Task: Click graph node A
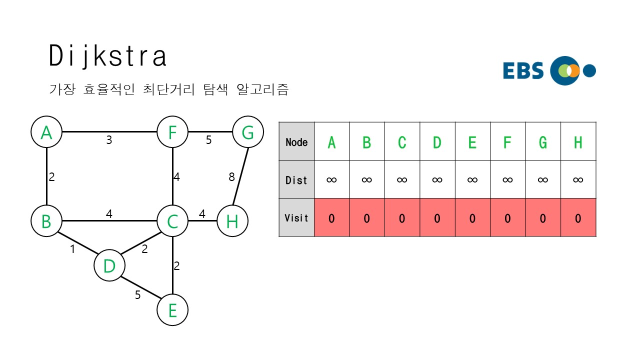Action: point(46,132)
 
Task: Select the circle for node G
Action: point(248,132)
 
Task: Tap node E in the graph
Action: point(172,310)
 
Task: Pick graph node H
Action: point(232,221)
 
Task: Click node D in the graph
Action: point(109,266)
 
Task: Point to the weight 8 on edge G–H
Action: point(231,176)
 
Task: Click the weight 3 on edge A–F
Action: point(109,140)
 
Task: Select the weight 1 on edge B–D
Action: point(72,249)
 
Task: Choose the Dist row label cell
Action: point(296,179)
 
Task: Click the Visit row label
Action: point(296,217)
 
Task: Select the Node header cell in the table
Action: point(296,141)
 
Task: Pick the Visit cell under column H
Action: point(578,218)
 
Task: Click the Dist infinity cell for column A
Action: point(331,179)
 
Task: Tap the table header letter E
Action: point(472,142)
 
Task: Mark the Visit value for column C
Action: point(402,218)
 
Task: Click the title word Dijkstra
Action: point(108,56)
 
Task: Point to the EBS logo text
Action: point(523,71)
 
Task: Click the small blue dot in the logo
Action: point(590,70)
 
